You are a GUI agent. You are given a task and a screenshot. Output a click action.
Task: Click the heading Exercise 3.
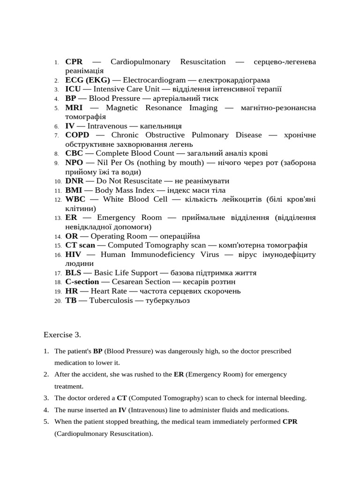coord(62,335)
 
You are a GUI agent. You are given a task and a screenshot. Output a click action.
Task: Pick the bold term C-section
coord(82,282)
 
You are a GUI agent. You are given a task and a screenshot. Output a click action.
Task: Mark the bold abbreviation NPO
coord(74,163)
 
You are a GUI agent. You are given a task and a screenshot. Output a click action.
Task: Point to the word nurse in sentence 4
coord(75,410)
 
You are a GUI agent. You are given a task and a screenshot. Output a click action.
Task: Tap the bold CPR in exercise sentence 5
coord(290,421)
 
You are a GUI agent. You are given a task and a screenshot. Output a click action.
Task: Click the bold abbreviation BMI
coord(74,190)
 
